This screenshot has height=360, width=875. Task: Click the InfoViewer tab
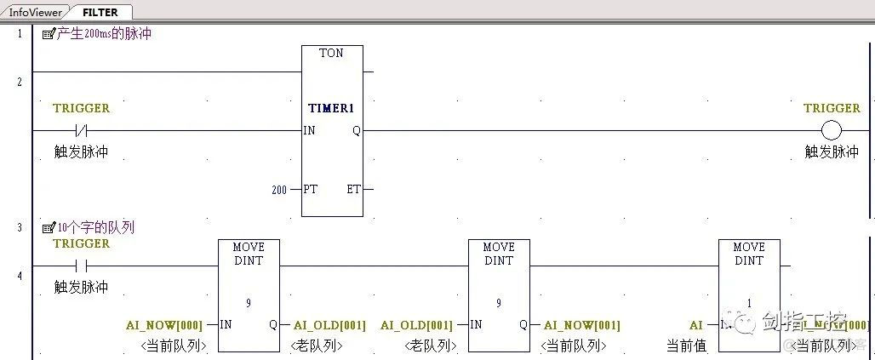click(34, 13)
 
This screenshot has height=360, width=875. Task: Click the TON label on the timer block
click(331, 53)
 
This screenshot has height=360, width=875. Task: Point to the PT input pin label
click(311, 189)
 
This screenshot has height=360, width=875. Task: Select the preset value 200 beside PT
click(279, 190)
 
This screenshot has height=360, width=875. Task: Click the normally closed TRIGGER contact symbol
click(82, 131)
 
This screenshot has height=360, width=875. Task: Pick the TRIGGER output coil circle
click(831, 131)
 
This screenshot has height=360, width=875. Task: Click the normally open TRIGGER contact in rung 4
click(82, 266)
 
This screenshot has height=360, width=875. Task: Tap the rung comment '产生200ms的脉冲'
click(104, 34)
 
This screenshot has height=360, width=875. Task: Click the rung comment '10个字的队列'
click(95, 228)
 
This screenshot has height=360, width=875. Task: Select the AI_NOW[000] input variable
click(164, 325)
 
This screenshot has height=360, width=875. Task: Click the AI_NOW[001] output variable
click(582, 325)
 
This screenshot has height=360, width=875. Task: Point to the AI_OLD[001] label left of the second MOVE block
click(416, 325)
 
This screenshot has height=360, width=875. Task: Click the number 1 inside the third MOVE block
click(749, 302)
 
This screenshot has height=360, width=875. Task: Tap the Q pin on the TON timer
click(356, 131)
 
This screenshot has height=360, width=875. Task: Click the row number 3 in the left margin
click(19, 228)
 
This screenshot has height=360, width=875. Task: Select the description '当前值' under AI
click(686, 346)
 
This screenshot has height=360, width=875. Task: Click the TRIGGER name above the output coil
click(832, 108)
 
